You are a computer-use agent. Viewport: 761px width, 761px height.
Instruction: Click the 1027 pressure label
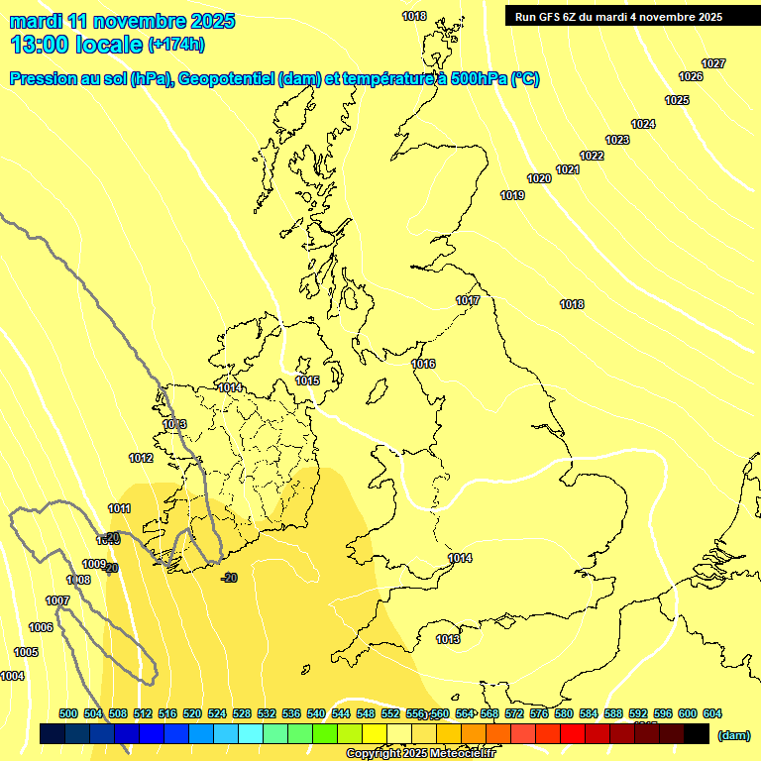pos(713,63)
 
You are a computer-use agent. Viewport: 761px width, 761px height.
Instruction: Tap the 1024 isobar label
pos(643,124)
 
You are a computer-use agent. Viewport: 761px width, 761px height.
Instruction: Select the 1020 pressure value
pos(539,178)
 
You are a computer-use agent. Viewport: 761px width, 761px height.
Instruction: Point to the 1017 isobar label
pos(468,300)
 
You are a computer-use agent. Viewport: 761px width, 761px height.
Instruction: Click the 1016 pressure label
pos(423,364)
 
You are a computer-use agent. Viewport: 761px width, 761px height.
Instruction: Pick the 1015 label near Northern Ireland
pos(307,380)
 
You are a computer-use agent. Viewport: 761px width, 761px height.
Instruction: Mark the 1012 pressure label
pos(141,458)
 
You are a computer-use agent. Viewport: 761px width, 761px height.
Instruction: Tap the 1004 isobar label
pos(12,676)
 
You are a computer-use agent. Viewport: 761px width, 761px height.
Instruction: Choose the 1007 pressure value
pos(57,600)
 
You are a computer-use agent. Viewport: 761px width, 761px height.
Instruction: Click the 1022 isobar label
pos(592,156)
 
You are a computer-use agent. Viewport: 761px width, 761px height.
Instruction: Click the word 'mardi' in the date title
pos(36,21)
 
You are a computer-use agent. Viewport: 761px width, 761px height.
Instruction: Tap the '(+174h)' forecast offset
pos(176,44)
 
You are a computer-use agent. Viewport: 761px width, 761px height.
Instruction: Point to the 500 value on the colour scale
pos(68,713)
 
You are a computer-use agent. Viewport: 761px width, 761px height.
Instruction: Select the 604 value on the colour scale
pos(711,713)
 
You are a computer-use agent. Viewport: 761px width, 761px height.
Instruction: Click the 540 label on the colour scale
pos(316,713)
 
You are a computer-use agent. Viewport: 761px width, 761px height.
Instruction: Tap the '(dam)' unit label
pos(733,734)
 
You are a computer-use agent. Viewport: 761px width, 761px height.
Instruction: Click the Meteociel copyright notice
pos(421,753)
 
